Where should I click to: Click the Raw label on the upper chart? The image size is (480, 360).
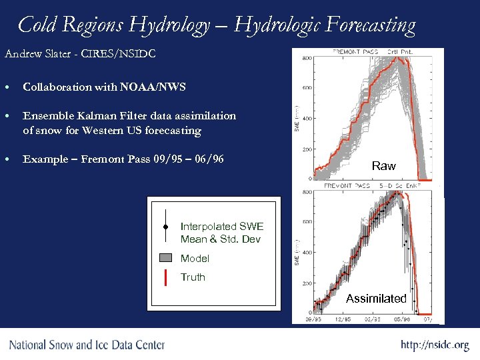[383, 166]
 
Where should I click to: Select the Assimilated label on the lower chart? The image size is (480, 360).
[376, 299]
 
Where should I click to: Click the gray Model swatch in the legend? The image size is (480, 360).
[165, 258]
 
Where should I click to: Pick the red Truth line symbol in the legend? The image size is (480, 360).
[165, 277]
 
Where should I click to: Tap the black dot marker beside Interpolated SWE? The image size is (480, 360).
[165, 227]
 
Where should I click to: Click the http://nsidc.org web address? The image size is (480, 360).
[434, 345]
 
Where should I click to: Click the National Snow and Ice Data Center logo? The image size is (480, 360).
[87, 345]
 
